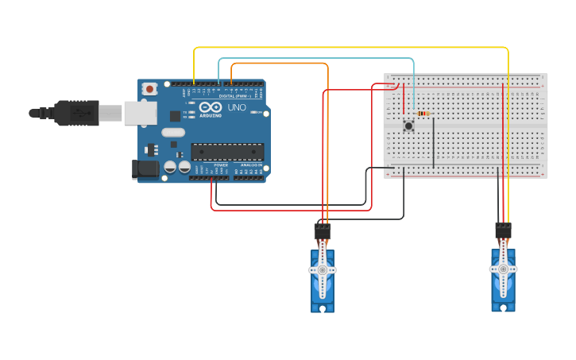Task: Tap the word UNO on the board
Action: click(x=237, y=107)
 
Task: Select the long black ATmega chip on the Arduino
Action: click(x=227, y=151)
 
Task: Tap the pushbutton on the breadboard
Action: click(x=409, y=126)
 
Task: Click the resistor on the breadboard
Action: click(x=423, y=114)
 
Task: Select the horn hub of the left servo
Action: click(x=322, y=270)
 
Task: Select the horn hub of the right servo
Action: click(x=503, y=270)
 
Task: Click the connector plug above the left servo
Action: click(x=322, y=232)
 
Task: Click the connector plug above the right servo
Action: click(x=503, y=230)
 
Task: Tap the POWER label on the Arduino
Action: click(x=220, y=165)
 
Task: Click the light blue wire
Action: click(x=318, y=59)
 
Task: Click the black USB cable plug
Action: click(x=75, y=114)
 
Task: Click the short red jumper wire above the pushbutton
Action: click(x=404, y=99)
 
